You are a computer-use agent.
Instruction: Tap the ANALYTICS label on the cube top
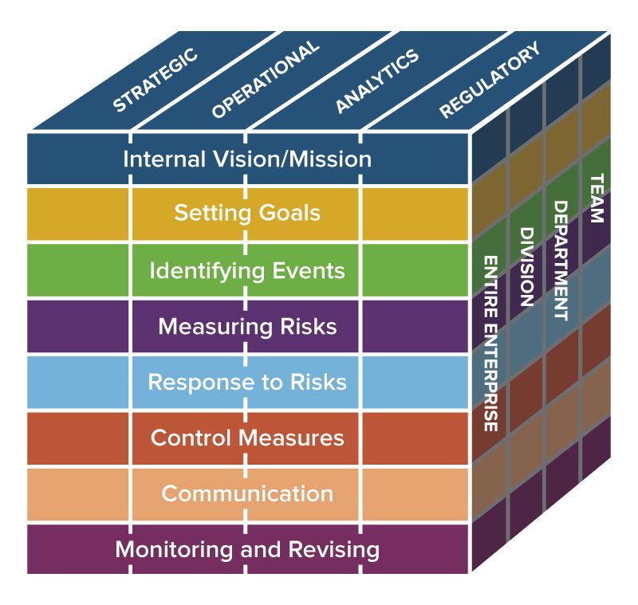click(376, 81)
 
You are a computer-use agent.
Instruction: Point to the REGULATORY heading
click(490, 81)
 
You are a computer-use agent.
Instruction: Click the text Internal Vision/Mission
click(247, 159)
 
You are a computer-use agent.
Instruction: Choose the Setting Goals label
click(247, 214)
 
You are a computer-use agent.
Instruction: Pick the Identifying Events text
click(247, 270)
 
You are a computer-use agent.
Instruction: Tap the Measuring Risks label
click(247, 327)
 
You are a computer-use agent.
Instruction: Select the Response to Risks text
click(247, 382)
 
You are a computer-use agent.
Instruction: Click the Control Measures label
click(247, 438)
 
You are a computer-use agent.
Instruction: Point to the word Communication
click(247, 493)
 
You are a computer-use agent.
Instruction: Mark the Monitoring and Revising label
click(247, 549)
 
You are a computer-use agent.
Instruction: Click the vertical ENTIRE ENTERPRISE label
click(491, 344)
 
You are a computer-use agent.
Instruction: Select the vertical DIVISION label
click(526, 267)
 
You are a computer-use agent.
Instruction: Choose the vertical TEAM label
click(595, 198)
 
